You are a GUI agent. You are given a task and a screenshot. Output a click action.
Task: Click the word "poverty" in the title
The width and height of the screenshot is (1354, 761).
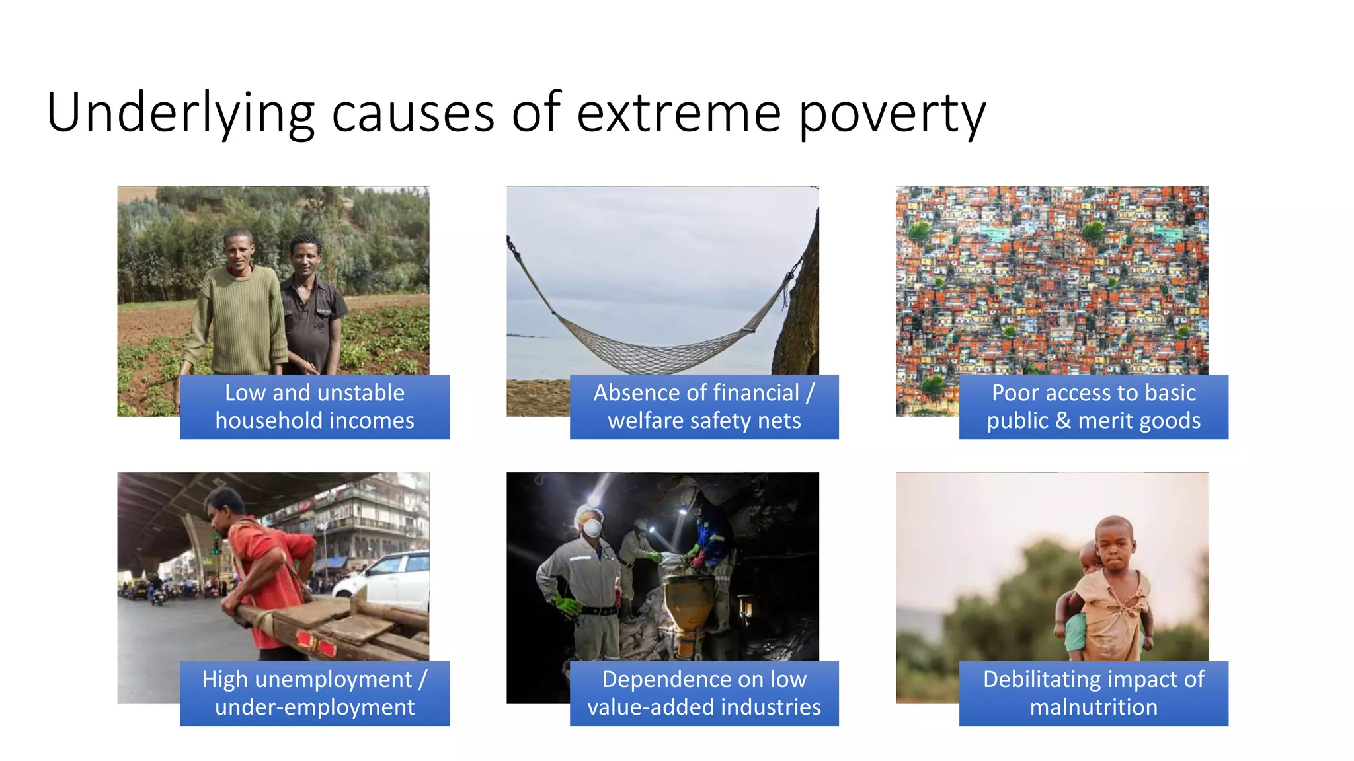893,114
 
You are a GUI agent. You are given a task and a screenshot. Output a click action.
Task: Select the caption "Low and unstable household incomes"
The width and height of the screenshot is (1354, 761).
315,407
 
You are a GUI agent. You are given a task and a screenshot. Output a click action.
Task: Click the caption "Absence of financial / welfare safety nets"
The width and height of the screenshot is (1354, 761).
704,407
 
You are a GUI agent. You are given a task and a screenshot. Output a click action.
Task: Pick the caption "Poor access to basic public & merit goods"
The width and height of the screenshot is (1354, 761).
1094,407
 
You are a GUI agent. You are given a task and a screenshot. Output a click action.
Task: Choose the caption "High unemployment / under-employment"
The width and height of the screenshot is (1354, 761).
315,693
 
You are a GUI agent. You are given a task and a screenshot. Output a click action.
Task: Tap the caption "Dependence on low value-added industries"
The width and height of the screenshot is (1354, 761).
704,693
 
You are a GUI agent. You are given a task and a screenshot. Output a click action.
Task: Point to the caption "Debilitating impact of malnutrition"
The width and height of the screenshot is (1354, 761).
1094,693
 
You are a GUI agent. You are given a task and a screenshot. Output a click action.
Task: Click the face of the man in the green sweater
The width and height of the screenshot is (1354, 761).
238,251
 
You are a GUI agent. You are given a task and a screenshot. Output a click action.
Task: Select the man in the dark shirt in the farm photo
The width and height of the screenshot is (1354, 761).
311,310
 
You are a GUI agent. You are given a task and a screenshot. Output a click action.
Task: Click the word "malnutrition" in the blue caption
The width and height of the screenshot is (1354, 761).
1094,707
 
